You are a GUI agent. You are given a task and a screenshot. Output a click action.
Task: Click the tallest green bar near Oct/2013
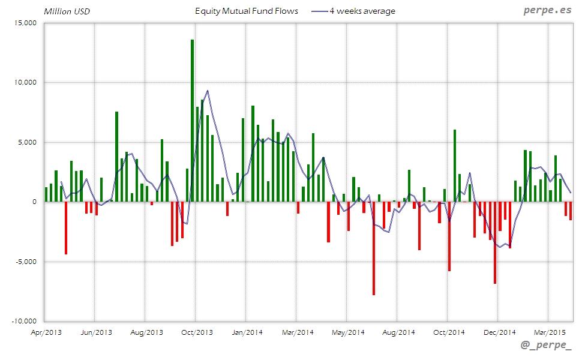click(x=192, y=120)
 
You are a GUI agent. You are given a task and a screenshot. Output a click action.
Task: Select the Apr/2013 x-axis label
click(x=46, y=332)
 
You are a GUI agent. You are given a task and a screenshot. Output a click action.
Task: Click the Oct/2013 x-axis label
click(x=197, y=332)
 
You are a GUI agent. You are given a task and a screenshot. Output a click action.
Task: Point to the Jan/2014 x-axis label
click(x=247, y=332)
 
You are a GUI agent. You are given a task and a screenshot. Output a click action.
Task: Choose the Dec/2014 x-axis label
click(x=499, y=332)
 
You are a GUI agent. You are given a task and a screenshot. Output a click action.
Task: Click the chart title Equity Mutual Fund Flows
click(x=247, y=11)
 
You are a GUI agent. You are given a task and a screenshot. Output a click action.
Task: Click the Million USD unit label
click(x=67, y=11)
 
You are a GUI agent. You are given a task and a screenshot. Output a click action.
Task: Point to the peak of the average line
click(x=207, y=91)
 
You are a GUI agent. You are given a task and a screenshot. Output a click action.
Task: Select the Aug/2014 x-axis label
click(x=398, y=332)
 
